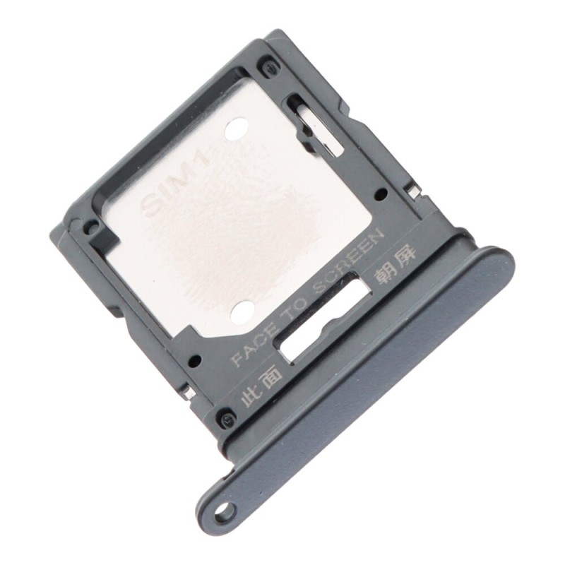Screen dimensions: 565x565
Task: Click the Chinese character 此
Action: pyautogui.click(x=249, y=399)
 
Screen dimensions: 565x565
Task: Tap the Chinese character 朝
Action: pyautogui.click(x=383, y=275)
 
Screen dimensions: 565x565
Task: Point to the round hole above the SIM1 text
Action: pyautogui.click(x=236, y=131)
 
